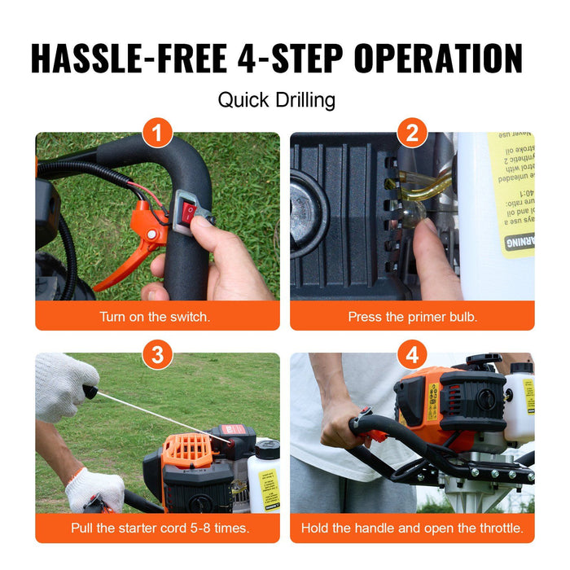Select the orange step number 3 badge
[x=157, y=353]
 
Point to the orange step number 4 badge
[x=412, y=353]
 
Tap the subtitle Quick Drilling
[x=277, y=100]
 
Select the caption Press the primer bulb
[x=412, y=316]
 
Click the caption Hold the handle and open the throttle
[x=412, y=528]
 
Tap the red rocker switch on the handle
[x=189, y=213]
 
